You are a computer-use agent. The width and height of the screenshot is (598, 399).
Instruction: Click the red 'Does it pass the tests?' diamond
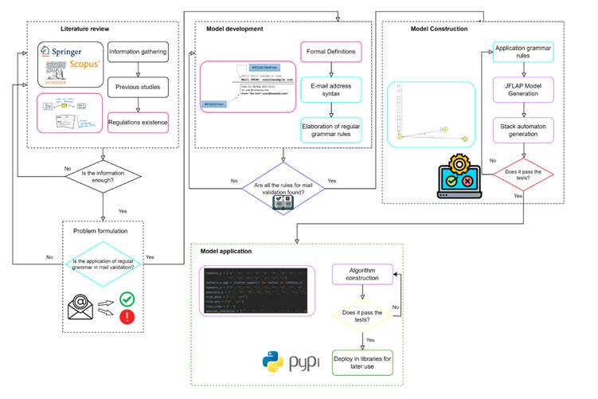[x=523, y=170]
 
